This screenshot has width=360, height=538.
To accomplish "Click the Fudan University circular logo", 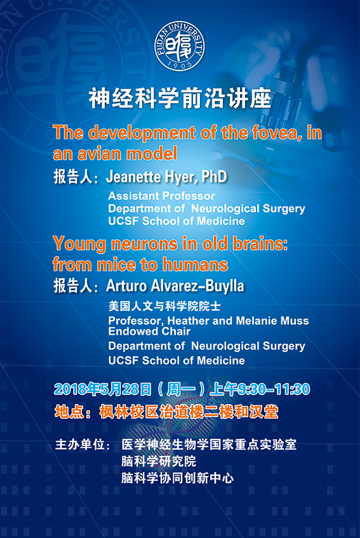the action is (179, 46).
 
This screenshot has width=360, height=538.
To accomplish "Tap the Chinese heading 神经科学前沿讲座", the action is (180, 98).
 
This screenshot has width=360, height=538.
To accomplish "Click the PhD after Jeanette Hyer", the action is (215, 177).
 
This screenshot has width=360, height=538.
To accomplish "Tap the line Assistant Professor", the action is (161, 196).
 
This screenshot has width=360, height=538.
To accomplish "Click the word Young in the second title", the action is (79, 245).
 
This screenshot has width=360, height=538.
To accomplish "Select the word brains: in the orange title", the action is (260, 244).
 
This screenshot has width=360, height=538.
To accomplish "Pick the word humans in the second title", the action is (195, 264).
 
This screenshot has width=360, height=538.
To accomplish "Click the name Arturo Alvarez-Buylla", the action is (175, 286).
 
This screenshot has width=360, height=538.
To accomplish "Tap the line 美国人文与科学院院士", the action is (164, 306).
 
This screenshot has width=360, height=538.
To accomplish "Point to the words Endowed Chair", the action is (149, 331).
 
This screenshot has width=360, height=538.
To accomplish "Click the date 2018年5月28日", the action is (102, 389).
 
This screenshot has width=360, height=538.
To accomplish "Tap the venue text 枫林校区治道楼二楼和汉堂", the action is (189, 412).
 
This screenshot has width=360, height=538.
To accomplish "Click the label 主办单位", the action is (80, 445).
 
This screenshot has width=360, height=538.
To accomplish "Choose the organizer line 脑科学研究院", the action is (158, 461).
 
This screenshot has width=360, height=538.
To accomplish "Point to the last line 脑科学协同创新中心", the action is (177, 478).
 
